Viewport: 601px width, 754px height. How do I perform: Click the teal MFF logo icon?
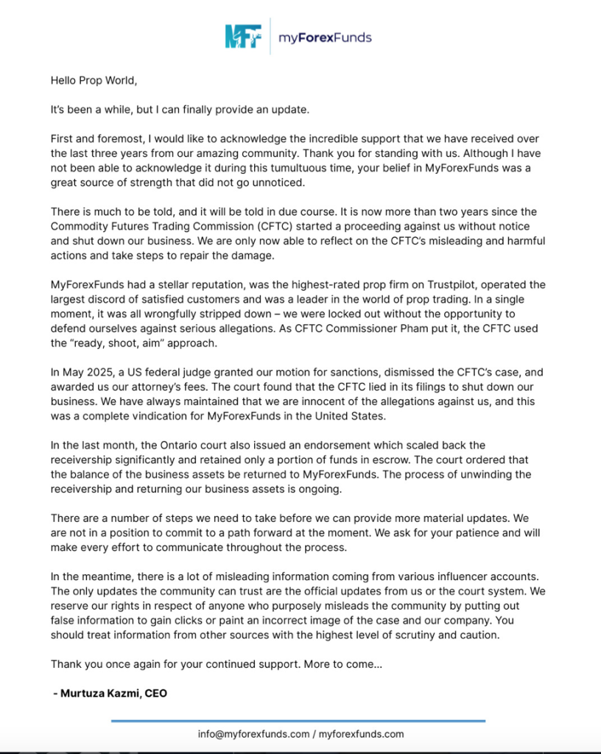[243, 36]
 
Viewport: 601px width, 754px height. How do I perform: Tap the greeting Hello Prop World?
[94, 81]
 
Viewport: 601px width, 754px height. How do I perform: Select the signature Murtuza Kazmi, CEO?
[110, 693]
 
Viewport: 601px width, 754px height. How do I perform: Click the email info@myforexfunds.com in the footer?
[253, 734]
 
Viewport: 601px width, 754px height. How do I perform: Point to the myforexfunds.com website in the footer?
[362, 734]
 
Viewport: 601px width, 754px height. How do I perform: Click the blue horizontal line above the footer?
[298, 721]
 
